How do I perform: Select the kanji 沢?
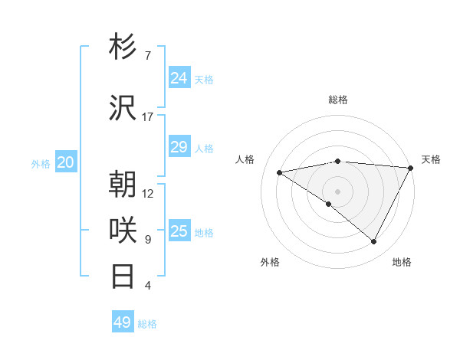(123, 108)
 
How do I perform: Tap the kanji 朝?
(123, 184)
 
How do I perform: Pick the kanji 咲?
(123, 230)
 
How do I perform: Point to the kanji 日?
(123, 276)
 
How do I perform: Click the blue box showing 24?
(179, 78)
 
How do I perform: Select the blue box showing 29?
(179, 147)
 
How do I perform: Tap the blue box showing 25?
(179, 231)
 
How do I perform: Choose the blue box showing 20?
(66, 162)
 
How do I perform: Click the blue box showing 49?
(123, 322)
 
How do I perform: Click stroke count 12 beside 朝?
(148, 193)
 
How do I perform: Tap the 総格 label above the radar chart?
(338, 100)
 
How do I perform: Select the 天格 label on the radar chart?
(431, 159)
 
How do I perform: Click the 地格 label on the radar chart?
(402, 262)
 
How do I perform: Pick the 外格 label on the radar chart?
(270, 262)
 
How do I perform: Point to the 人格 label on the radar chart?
(245, 159)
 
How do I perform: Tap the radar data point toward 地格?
(374, 241)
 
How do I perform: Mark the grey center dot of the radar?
(337, 191)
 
